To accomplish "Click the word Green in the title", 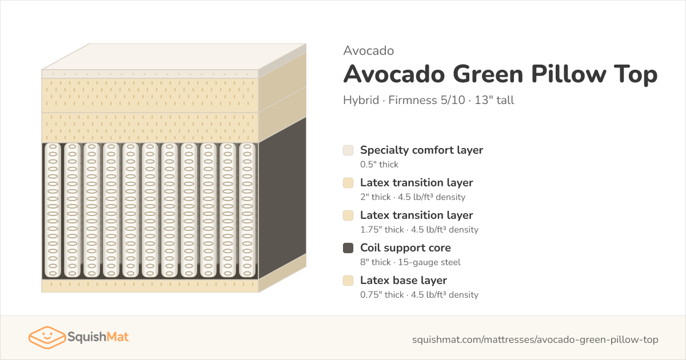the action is pyautogui.click(x=488, y=74).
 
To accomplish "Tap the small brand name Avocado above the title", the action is pyautogui.click(x=368, y=51).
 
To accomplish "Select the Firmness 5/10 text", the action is pyautogui.click(x=426, y=100).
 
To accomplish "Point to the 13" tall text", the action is pyautogui.click(x=494, y=100).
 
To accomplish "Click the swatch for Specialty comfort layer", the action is pyautogui.click(x=348, y=150).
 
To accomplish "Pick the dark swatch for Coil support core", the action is pyautogui.click(x=348, y=248).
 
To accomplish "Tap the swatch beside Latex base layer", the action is pyautogui.click(x=348, y=281).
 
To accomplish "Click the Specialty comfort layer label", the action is pyautogui.click(x=421, y=150).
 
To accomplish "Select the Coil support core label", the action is pyautogui.click(x=405, y=247).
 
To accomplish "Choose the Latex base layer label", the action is pyautogui.click(x=404, y=280).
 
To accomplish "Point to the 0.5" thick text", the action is pyautogui.click(x=379, y=165).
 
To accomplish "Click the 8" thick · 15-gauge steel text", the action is pyautogui.click(x=410, y=262).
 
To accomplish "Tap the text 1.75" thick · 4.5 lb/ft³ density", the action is pyautogui.click(x=419, y=230).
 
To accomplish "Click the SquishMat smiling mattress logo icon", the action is pyautogui.click(x=47, y=337).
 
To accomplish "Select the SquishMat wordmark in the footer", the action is pyautogui.click(x=98, y=337).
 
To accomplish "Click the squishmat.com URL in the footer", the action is pyautogui.click(x=535, y=339).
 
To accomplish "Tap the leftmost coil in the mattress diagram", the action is pyautogui.click(x=53, y=210).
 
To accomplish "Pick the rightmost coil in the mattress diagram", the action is pyautogui.click(x=247, y=210).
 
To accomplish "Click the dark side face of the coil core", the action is pyautogui.click(x=282, y=198).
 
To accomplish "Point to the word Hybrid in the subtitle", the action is pyautogui.click(x=361, y=100).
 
